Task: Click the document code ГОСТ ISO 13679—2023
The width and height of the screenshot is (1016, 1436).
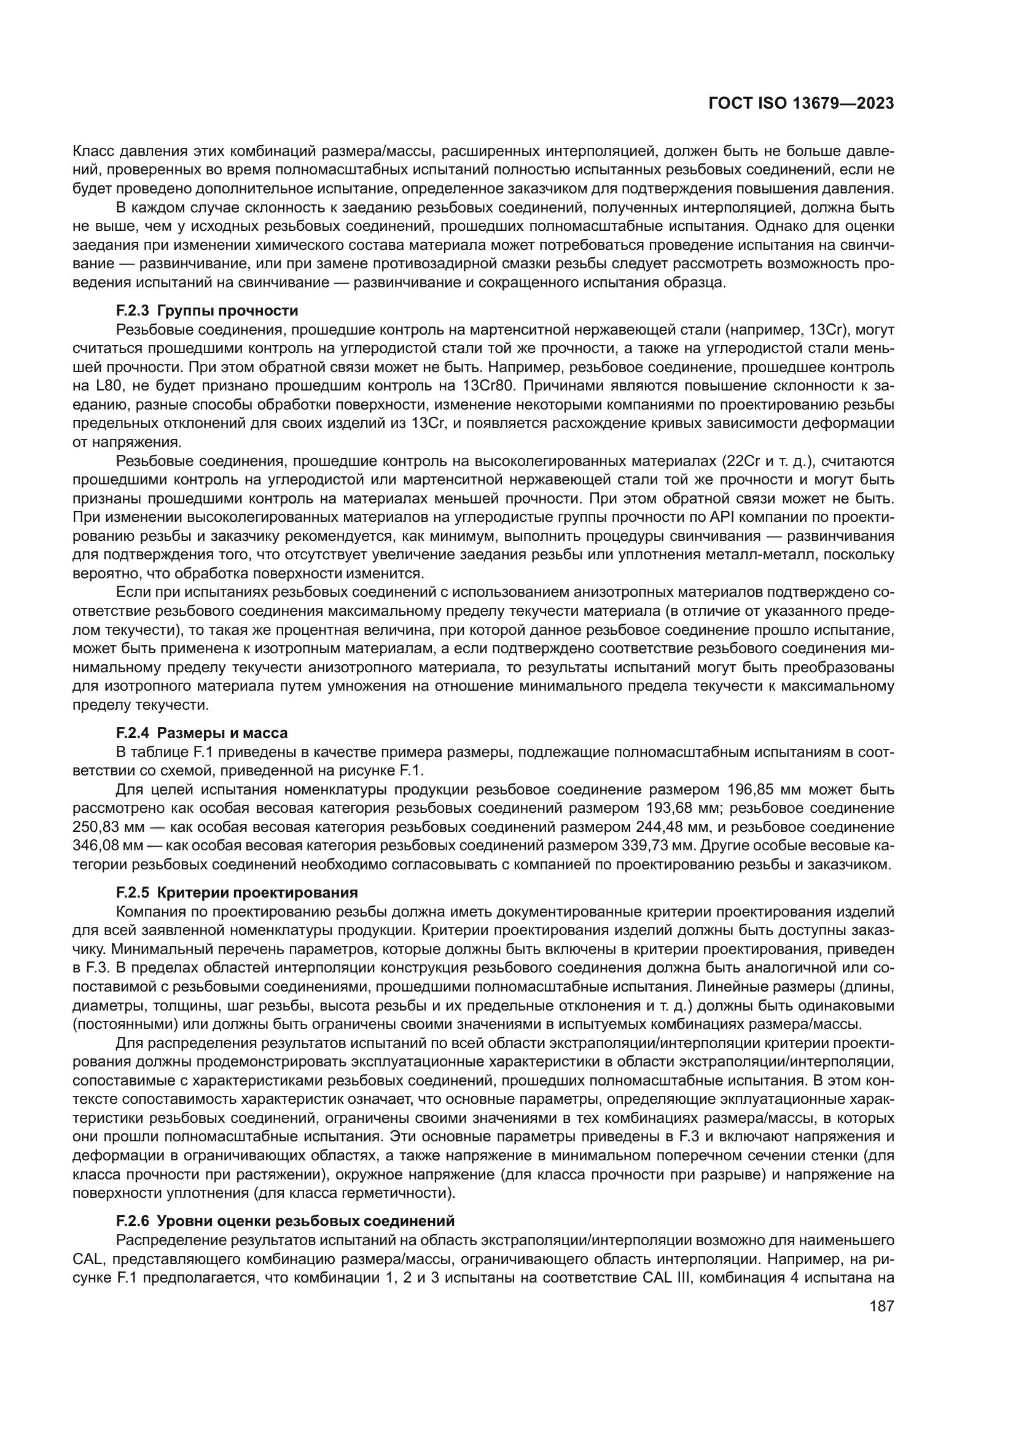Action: tap(801, 103)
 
